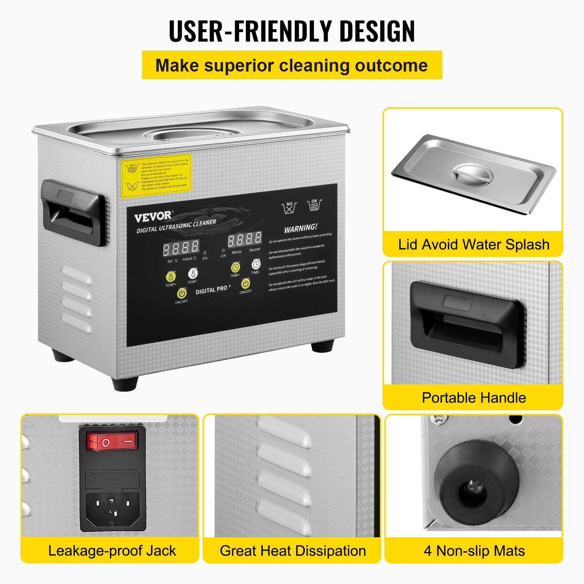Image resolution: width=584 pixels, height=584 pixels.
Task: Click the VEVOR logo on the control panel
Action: point(153,216)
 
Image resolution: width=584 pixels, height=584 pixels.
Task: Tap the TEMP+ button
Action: point(170,276)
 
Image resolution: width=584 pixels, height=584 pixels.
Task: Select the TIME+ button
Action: point(235,268)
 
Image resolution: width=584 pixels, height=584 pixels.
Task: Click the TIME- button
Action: point(256,264)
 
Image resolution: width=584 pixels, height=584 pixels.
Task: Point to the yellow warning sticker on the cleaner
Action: point(156,176)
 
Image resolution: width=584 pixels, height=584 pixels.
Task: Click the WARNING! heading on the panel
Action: point(301,228)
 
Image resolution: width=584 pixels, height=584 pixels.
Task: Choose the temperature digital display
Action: point(181,248)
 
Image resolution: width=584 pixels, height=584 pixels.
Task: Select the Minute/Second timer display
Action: point(245,239)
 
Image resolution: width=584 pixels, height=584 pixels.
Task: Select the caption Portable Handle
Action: point(474,397)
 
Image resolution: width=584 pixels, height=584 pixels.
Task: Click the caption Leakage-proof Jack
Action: point(112,550)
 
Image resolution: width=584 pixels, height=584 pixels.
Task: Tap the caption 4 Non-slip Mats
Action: point(474,550)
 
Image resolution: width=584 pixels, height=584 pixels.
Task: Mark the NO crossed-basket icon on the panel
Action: point(289,208)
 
